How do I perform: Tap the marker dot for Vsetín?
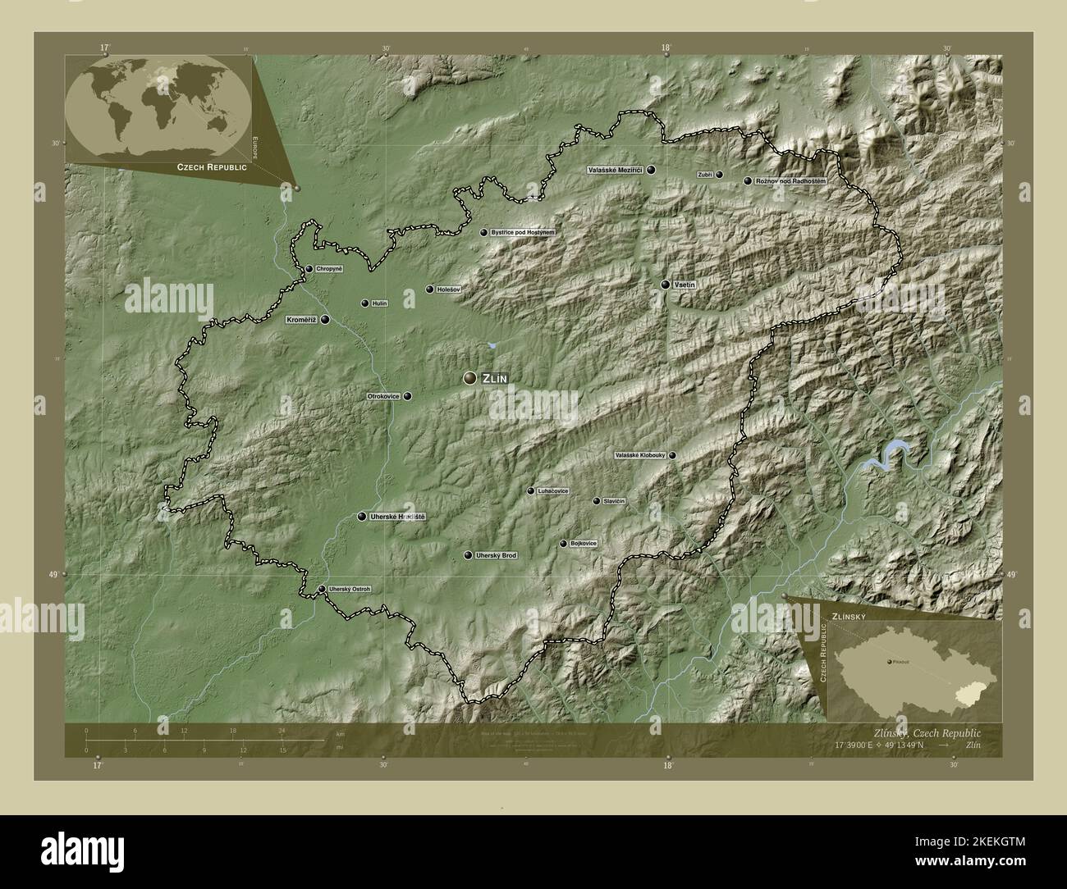click(x=665, y=285)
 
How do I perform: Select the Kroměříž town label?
click(x=301, y=320)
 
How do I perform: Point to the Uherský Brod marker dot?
click(x=468, y=556)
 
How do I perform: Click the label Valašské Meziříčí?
click(x=615, y=171)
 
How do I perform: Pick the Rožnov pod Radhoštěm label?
click(x=790, y=180)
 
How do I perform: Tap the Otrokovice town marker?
click(x=407, y=396)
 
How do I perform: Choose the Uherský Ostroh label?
click(x=350, y=589)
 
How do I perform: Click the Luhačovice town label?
click(x=553, y=491)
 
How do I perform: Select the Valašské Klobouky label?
click(x=639, y=455)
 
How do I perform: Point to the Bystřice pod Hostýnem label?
click(x=523, y=233)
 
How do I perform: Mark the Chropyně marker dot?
click(x=309, y=269)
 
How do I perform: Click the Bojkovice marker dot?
click(x=563, y=544)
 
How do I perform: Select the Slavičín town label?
click(x=615, y=501)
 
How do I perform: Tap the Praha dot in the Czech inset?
click(x=890, y=661)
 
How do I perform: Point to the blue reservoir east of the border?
click(x=887, y=455)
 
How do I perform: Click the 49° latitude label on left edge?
click(x=53, y=575)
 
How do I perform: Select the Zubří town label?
click(x=704, y=175)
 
